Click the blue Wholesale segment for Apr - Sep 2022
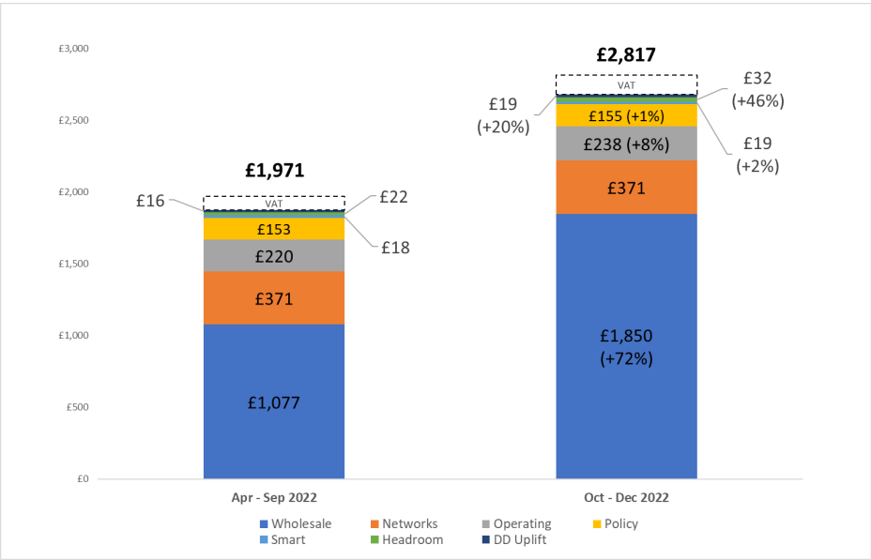274,401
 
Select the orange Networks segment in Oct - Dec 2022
626,188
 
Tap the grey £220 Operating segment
274,255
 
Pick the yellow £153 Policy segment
274,229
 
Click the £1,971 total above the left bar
274,171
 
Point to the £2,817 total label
626,54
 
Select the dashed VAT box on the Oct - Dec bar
626,84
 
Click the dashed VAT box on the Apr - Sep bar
274,203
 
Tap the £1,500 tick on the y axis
72,264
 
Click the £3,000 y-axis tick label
72,49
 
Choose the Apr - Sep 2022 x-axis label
274,497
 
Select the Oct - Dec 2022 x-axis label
626,497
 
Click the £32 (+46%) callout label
757,90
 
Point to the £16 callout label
149,200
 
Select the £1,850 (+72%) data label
626,347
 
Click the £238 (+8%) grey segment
626,144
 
